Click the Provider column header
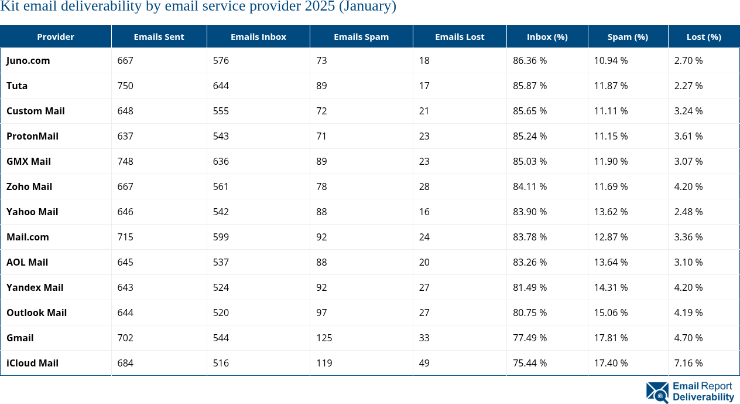56,37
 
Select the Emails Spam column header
361,37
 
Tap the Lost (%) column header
704,37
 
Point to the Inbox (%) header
547,37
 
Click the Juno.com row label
28,60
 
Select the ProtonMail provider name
32,136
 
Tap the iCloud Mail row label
32,363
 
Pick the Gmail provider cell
20,338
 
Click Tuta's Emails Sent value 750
125,86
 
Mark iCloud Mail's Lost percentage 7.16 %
688,363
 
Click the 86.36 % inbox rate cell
530,60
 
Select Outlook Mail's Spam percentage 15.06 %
611,313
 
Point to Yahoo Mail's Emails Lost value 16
424,212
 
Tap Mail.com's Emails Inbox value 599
221,237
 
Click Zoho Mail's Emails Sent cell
125,186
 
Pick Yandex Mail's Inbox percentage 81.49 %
530,287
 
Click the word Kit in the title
10,7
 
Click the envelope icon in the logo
657,392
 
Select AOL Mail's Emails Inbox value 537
221,262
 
